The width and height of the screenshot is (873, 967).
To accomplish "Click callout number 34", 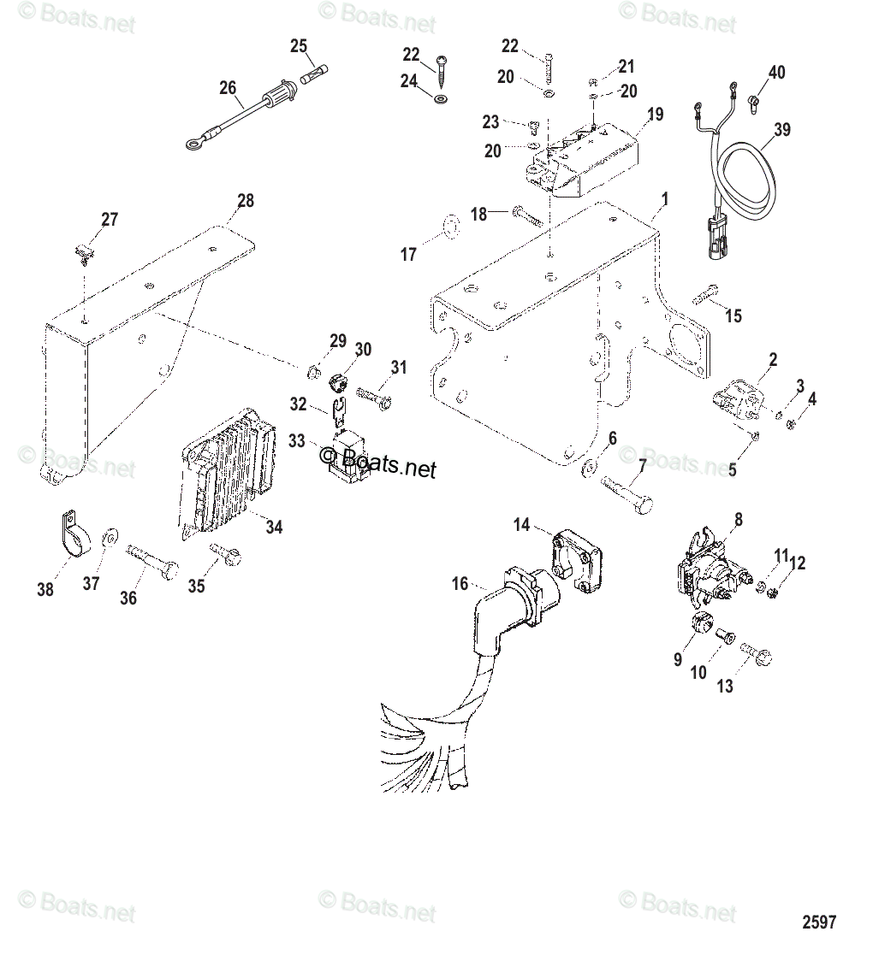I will click(273, 527).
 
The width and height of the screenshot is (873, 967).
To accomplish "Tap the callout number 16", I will click(460, 584).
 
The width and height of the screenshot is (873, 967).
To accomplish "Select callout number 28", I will click(246, 202).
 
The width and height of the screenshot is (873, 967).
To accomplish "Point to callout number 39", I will click(782, 130).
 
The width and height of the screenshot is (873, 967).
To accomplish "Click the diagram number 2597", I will click(819, 922).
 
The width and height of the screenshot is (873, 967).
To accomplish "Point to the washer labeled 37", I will click(110, 539).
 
